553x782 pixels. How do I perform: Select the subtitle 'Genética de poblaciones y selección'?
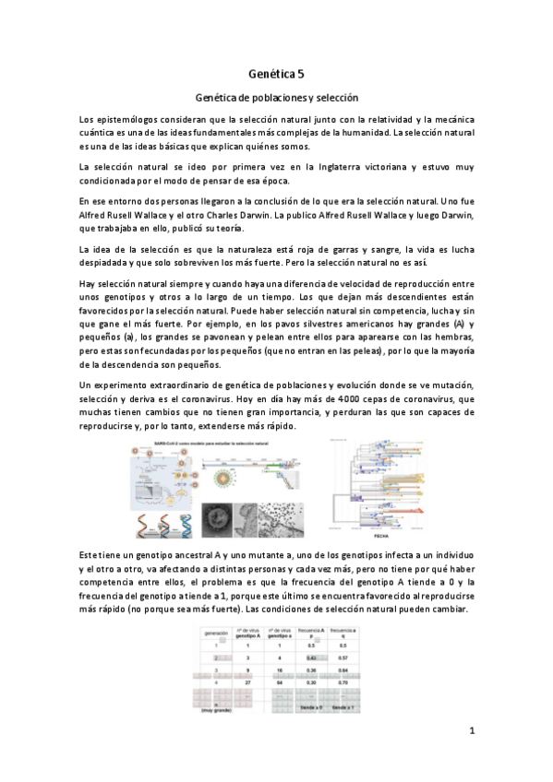click(x=276, y=97)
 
